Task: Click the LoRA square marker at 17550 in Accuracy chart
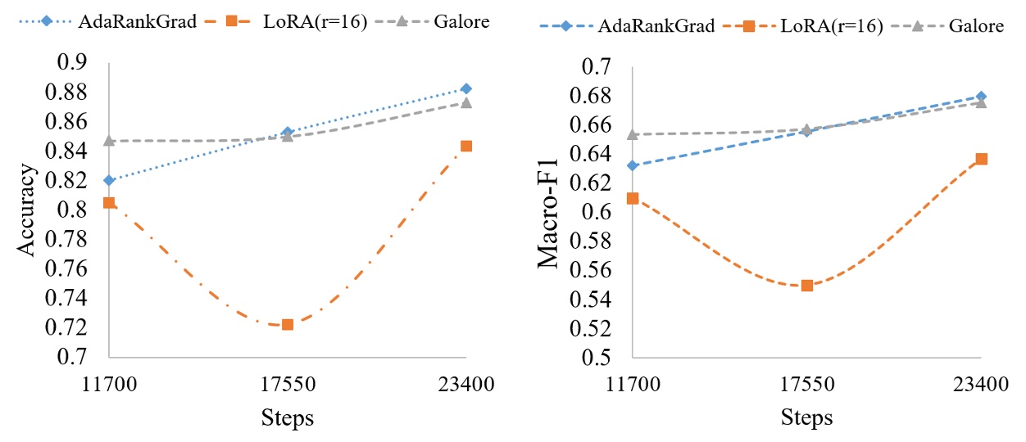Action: point(288,325)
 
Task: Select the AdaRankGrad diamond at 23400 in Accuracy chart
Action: point(466,88)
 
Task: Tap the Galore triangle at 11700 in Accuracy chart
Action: point(109,141)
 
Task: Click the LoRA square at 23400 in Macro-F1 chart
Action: point(981,159)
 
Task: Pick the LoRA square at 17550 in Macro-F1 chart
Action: point(807,286)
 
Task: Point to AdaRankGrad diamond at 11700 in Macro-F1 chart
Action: point(633,165)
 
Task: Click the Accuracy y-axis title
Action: point(29,210)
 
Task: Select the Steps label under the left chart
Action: point(288,417)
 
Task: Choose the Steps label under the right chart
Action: point(806,417)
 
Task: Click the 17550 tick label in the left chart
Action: point(288,383)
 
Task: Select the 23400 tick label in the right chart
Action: point(981,383)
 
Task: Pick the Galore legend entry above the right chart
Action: point(976,26)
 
